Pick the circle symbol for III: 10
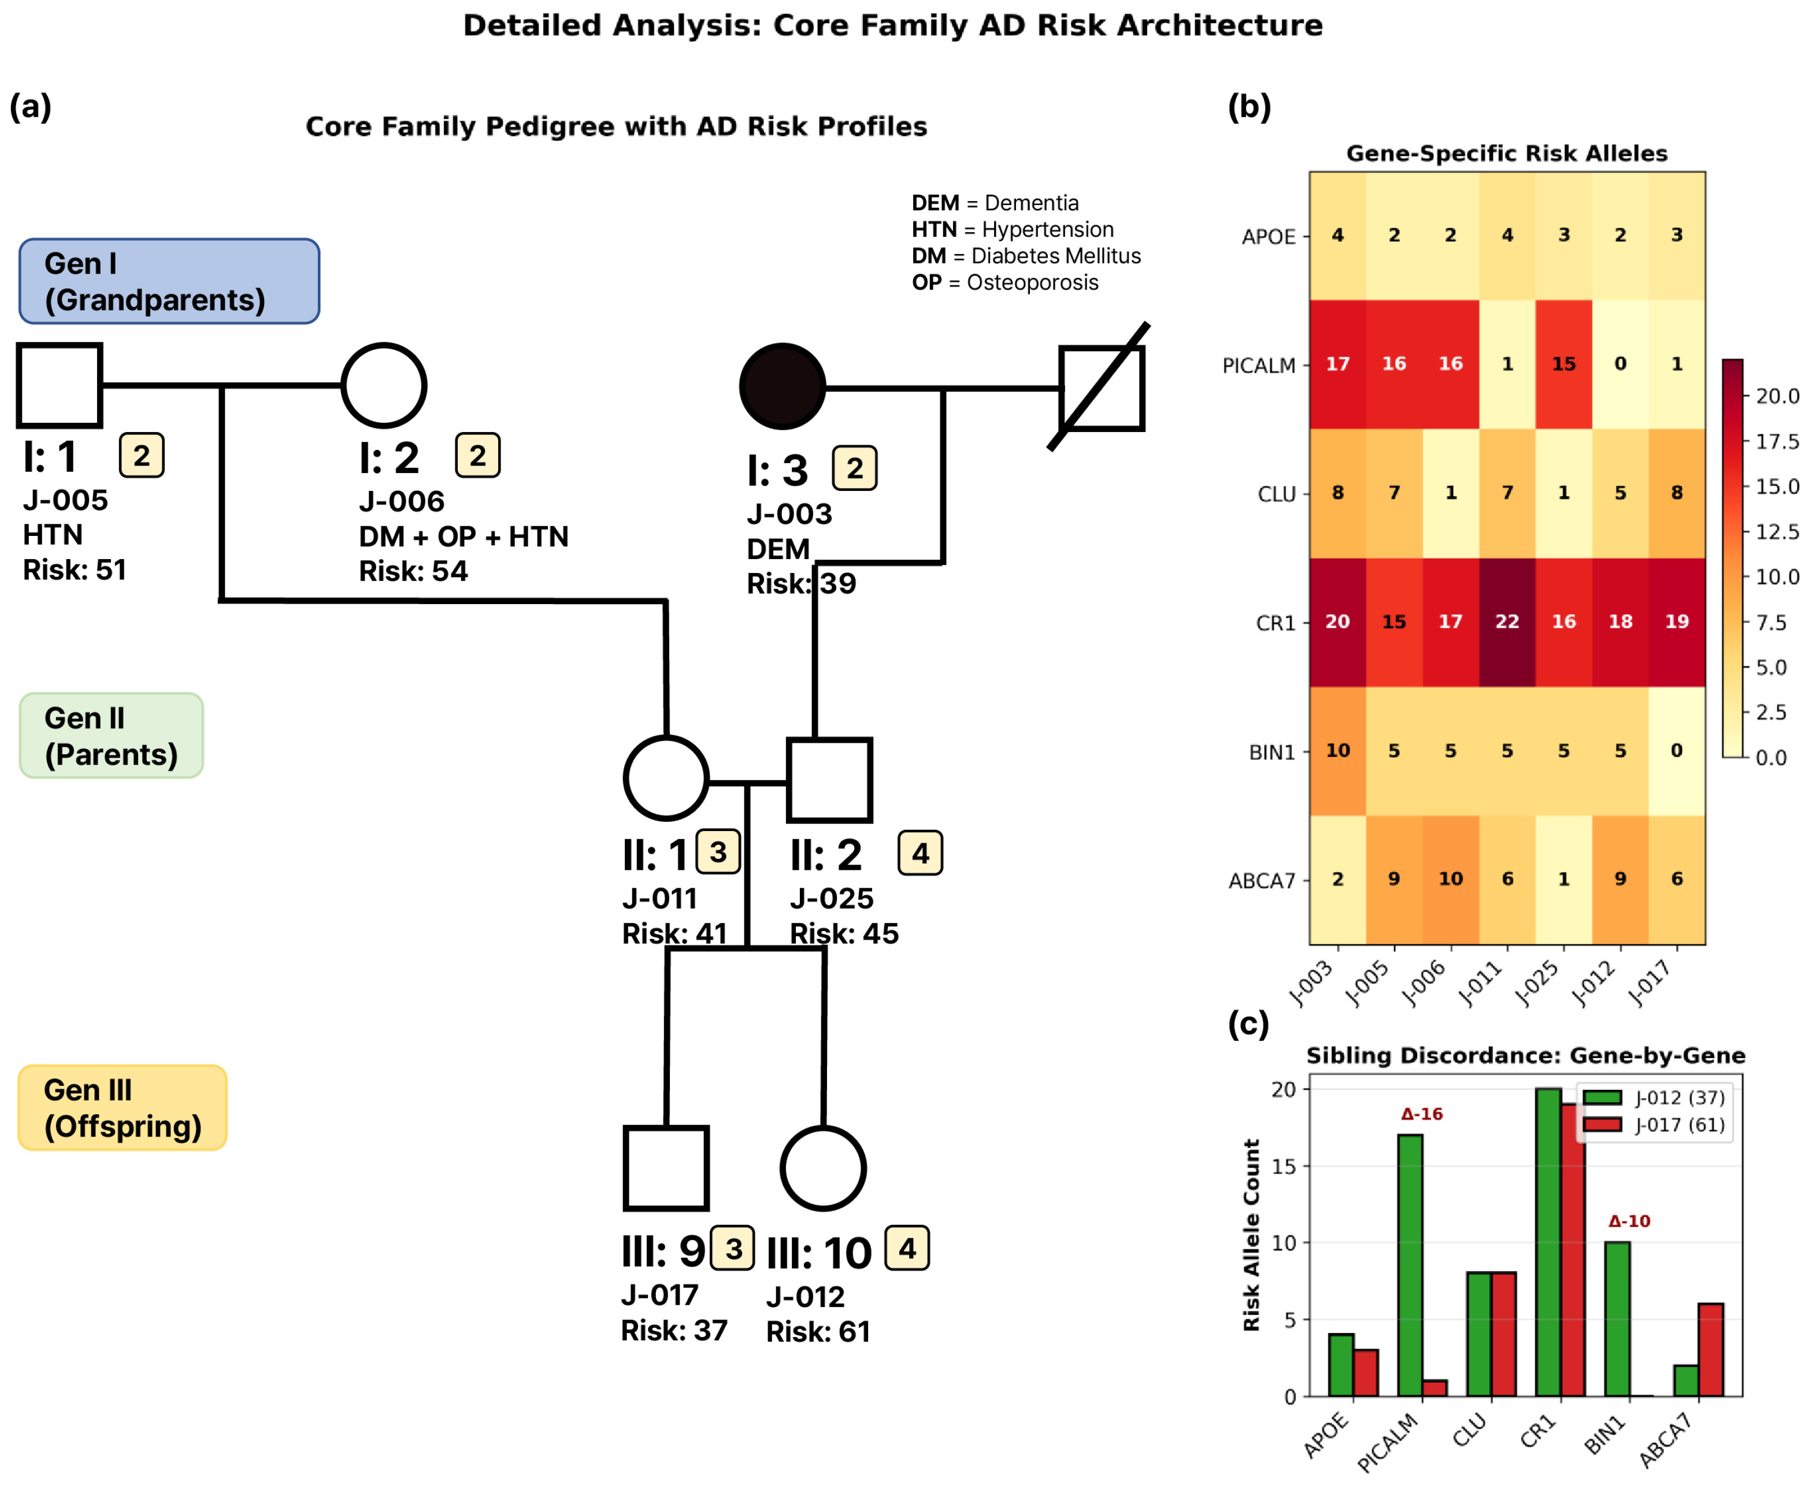pyautogui.click(x=823, y=1168)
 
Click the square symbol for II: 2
pyautogui.click(x=829, y=780)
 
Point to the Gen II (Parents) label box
pyautogui.click(x=112, y=735)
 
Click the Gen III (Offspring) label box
pyautogui.click(x=123, y=1108)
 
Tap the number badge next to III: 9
pyautogui.click(x=733, y=1249)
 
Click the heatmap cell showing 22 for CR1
pyautogui.click(x=1507, y=623)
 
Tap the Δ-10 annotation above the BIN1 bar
pyautogui.click(x=1629, y=1221)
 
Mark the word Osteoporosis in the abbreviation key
pyautogui.click(x=1032, y=282)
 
